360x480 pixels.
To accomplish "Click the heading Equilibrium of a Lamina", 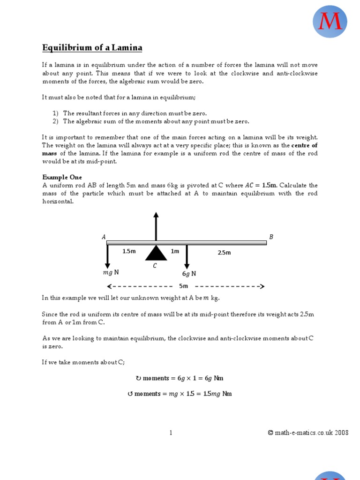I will pos(92,48).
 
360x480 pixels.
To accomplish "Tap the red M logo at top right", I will pos(330,22).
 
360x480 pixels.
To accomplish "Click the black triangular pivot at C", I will pos(156,253).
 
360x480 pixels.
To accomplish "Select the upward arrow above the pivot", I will pos(156,226).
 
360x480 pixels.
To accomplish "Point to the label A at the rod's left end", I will pos(104,237).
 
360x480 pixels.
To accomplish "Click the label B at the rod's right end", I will pos(271,237).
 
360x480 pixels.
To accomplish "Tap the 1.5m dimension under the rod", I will pos(129,251).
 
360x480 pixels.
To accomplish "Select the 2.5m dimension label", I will pos(224,253).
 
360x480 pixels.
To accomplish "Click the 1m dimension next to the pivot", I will pos(175,251).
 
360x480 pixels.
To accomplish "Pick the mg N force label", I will pos(111,272).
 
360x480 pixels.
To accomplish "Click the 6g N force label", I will pos(188,274).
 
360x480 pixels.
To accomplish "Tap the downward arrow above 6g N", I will pos(187,256).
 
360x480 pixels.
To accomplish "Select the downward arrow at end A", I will pos(107,256).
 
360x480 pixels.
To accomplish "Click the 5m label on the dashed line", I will pos(183,286).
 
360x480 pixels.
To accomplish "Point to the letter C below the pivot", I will pos(155,266).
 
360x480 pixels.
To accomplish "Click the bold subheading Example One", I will pos(62,177).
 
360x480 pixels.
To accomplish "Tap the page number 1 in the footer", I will pos(171,433).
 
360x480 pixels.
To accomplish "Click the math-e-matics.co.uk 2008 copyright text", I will pos(308,433).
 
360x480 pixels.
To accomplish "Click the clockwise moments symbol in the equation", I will pos(138,378).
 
